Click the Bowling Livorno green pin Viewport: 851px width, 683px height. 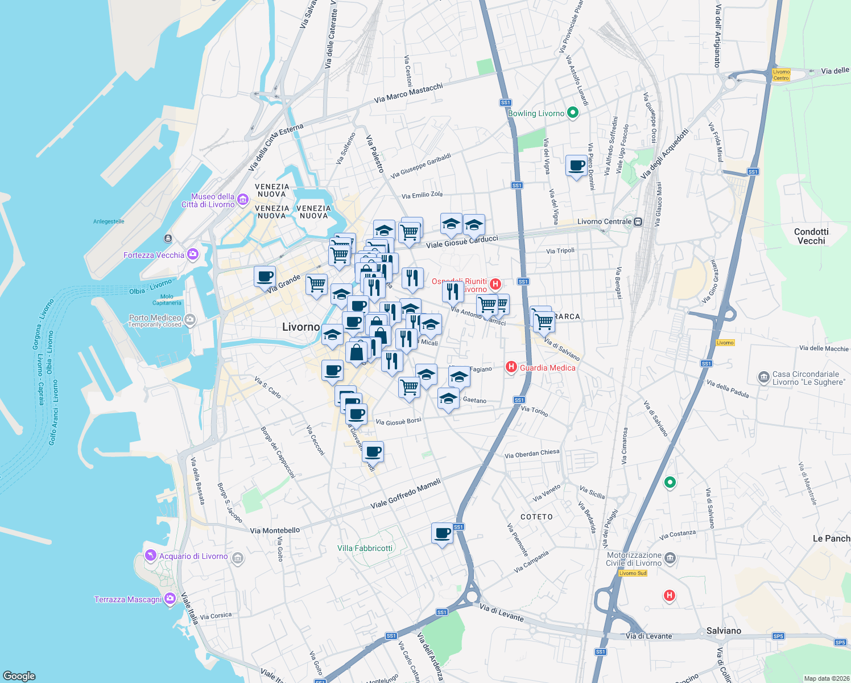(x=573, y=113)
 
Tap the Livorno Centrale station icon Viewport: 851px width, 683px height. (x=638, y=222)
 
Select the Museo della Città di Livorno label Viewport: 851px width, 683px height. (x=208, y=200)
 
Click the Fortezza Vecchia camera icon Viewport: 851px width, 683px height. (x=193, y=254)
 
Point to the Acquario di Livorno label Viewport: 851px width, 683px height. (x=193, y=556)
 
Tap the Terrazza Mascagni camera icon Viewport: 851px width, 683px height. (x=170, y=599)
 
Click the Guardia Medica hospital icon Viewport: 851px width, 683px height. (x=511, y=368)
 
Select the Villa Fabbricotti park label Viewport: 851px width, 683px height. (x=365, y=548)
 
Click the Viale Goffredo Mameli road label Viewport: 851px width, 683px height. (x=406, y=493)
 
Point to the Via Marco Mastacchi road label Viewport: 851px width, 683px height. (x=408, y=93)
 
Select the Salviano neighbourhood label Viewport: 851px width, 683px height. (x=724, y=631)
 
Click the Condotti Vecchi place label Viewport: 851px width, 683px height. (x=811, y=236)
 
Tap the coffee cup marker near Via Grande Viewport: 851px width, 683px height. (x=265, y=277)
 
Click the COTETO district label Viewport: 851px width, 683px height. (x=536, y=517)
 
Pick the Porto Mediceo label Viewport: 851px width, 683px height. (x=155, y=318)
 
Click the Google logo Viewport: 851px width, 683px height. (x=19, y=676)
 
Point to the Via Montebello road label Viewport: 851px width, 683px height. (x=275, y=530)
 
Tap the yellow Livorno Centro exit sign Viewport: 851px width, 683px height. (x=781, y=75)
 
